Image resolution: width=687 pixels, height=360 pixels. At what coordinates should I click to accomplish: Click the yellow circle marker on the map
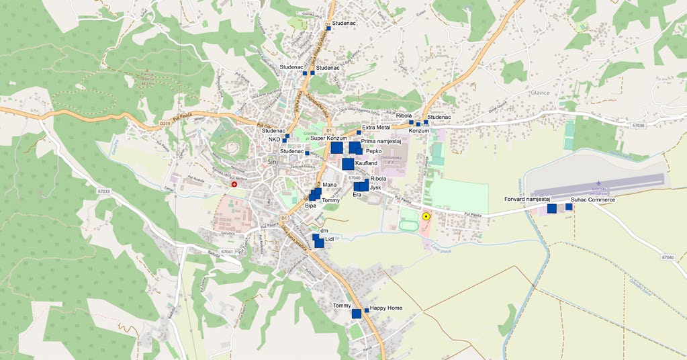(426, 216)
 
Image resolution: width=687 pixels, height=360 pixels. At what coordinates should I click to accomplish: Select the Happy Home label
(386, 308)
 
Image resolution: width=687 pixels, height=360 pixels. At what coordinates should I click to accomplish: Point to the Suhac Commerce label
(593, 199)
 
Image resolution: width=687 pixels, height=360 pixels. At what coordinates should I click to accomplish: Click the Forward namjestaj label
(527, 199)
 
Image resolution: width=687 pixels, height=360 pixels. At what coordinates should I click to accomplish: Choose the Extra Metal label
(376, 127)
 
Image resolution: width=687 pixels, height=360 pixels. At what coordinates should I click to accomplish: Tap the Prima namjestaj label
(381, 141)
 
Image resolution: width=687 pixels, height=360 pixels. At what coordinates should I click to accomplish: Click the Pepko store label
(374, 151)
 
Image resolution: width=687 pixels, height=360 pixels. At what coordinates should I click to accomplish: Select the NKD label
(274, 140)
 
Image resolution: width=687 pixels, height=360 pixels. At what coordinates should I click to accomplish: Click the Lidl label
(329, 239)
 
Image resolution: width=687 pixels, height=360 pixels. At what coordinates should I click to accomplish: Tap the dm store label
(324, 230)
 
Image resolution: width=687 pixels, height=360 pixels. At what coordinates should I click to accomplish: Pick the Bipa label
(310, 206)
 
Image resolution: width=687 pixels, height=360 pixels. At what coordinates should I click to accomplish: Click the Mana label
(329, 184)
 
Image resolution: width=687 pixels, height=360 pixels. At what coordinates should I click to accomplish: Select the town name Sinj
(272, 163)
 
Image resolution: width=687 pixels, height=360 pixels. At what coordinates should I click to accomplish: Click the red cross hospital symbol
(234, 183)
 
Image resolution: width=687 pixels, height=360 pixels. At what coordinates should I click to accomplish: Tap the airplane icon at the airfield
(597, 183)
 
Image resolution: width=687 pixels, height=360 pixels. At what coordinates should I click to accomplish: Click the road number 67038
(639, 125)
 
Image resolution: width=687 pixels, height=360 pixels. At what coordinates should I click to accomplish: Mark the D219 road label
(166, 124)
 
